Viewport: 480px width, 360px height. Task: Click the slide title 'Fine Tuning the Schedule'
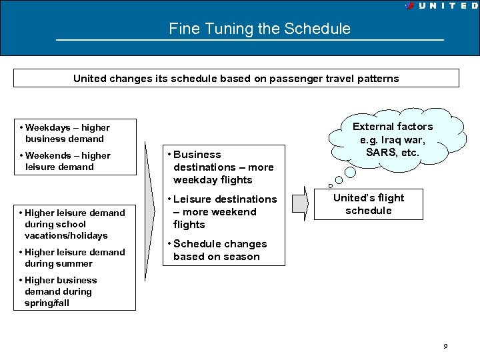pyautogui.click(x=259, y=29)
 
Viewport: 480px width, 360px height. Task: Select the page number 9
pyautogui.click(x=445, y=346)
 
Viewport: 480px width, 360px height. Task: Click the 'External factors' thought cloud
pyautogui.click(x=393, y=139)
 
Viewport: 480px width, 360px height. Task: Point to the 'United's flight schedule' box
pyautogui.click(x=368, y=204)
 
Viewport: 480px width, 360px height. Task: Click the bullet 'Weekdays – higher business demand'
pyautogui.click(x=65, y=133)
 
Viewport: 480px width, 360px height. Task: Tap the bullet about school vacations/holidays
pyautogui.click(x=73, y=224)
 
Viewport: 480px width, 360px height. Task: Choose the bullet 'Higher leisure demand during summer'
pyautogui.click(x=73, y=257)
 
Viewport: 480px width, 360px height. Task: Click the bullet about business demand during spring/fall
pyautogui.click(x=59, y=291)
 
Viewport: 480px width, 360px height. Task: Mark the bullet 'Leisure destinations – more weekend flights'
pyautogui.click(x=224, y=211)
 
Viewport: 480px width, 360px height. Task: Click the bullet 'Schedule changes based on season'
pyautogui.click(x=219, y=250)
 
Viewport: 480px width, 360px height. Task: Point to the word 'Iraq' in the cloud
pyautogui.click(x=391, y=139)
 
